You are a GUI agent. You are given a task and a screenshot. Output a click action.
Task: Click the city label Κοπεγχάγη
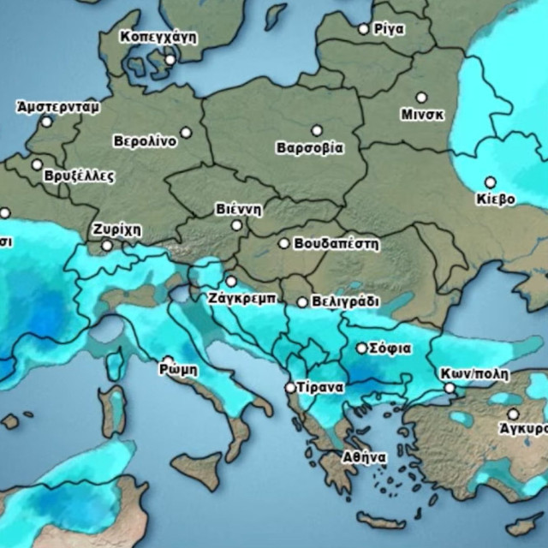tap(158, 37)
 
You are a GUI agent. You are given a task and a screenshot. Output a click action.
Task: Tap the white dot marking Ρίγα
tap(363, 29)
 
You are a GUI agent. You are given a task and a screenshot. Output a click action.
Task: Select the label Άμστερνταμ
tap(57, 107)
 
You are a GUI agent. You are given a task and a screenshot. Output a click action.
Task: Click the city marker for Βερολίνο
tap(186, 133)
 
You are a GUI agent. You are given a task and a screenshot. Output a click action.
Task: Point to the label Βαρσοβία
tap(309, 147)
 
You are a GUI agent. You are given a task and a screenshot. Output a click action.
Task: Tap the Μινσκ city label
tap(422, 114)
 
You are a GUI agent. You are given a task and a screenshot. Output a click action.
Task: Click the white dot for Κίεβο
tap(490, 182)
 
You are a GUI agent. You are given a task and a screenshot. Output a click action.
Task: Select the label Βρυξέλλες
tap(78, 176)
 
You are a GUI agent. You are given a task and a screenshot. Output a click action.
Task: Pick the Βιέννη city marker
tap(237, 225)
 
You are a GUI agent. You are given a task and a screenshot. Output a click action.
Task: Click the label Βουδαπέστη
tap(336, 243)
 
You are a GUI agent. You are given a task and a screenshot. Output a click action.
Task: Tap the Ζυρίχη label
tap(116, 230)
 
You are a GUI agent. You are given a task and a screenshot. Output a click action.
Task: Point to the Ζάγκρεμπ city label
tap(241, 299)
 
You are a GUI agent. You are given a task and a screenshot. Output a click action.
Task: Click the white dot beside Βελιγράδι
tap(302, 302)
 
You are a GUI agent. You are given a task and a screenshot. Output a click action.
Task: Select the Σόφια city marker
tap(362, 348)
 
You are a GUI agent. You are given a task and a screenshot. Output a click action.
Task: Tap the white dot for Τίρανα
tap(290, 388)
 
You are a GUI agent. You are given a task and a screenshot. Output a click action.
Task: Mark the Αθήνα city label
tap(364, 457)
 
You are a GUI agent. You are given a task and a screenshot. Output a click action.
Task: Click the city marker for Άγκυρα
tap(513, 414)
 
